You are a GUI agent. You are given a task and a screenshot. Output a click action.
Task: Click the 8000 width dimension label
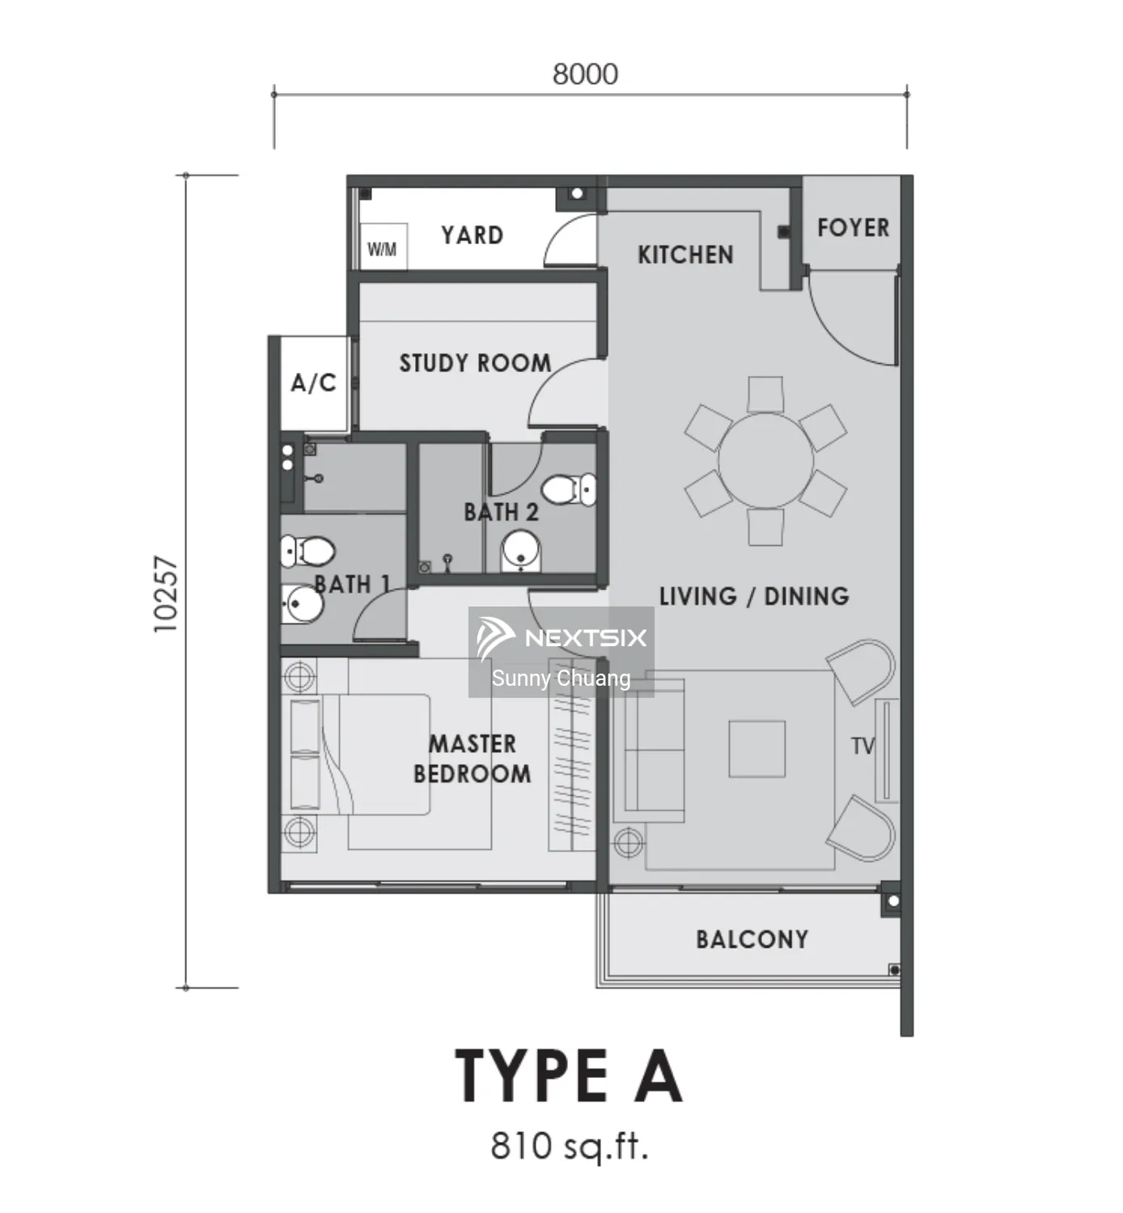click(585, 74)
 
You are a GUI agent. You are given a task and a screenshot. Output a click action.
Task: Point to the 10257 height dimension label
click(166, 594)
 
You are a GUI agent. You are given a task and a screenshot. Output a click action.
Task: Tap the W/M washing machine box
click(384, 247)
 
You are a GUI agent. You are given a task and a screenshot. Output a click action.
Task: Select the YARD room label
click(472, 235)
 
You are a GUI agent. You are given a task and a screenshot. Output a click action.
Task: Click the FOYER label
click(853, 228)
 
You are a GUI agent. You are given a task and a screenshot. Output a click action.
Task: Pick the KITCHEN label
click(685, 255)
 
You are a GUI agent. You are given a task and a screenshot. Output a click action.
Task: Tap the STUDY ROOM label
click(475, 363)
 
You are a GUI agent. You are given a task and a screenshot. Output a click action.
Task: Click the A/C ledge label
click(313, 383)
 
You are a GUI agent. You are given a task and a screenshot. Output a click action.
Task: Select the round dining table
click(765, 460)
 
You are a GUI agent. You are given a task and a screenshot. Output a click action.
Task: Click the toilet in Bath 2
click(569, 489)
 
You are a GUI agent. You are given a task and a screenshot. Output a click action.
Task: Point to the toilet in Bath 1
click(307, 551)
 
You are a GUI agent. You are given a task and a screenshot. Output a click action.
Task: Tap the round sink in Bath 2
click(521, 551)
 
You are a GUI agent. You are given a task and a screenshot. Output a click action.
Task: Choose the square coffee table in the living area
click(756, 749)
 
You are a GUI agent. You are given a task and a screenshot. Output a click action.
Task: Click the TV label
click(862, 746)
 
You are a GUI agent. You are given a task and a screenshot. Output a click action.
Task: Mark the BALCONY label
click(752, 940)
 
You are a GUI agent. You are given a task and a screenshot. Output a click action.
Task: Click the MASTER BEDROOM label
click(472, 759)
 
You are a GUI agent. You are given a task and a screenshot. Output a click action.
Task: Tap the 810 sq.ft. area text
click(569, 1146)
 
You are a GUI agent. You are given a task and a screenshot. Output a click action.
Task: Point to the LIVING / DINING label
click(754, 596)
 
